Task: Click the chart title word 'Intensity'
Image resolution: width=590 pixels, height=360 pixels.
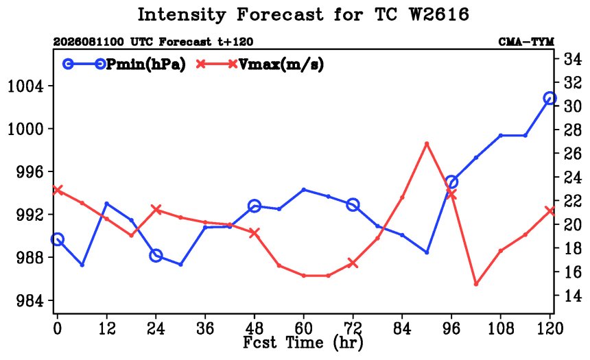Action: click(182, 15)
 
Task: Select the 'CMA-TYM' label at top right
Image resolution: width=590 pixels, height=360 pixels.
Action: click(526, 42)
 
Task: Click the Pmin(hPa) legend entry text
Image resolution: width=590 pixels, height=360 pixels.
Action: click(146, 64)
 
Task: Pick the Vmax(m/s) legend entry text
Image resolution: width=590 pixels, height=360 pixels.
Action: click(281, 64)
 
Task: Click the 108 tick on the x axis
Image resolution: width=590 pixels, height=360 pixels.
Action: click(501, 328)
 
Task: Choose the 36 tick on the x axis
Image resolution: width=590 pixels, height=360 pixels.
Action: click(205, 328)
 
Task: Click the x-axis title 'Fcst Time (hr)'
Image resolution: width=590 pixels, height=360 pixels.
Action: click(303, 343)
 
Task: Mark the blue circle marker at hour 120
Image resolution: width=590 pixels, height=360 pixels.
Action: click(550, 98)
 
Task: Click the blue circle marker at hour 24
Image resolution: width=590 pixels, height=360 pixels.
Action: click(156, 256)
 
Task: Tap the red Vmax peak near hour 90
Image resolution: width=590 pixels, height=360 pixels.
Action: click(427, 144)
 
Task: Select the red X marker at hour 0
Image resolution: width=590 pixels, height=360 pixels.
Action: click(57, 190)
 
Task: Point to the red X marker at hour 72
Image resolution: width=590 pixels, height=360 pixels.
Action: click(353, 263)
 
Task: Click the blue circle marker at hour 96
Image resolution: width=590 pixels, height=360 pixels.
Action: click(451, 182)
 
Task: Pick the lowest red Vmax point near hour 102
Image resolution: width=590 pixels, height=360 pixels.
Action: click(476, 284)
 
